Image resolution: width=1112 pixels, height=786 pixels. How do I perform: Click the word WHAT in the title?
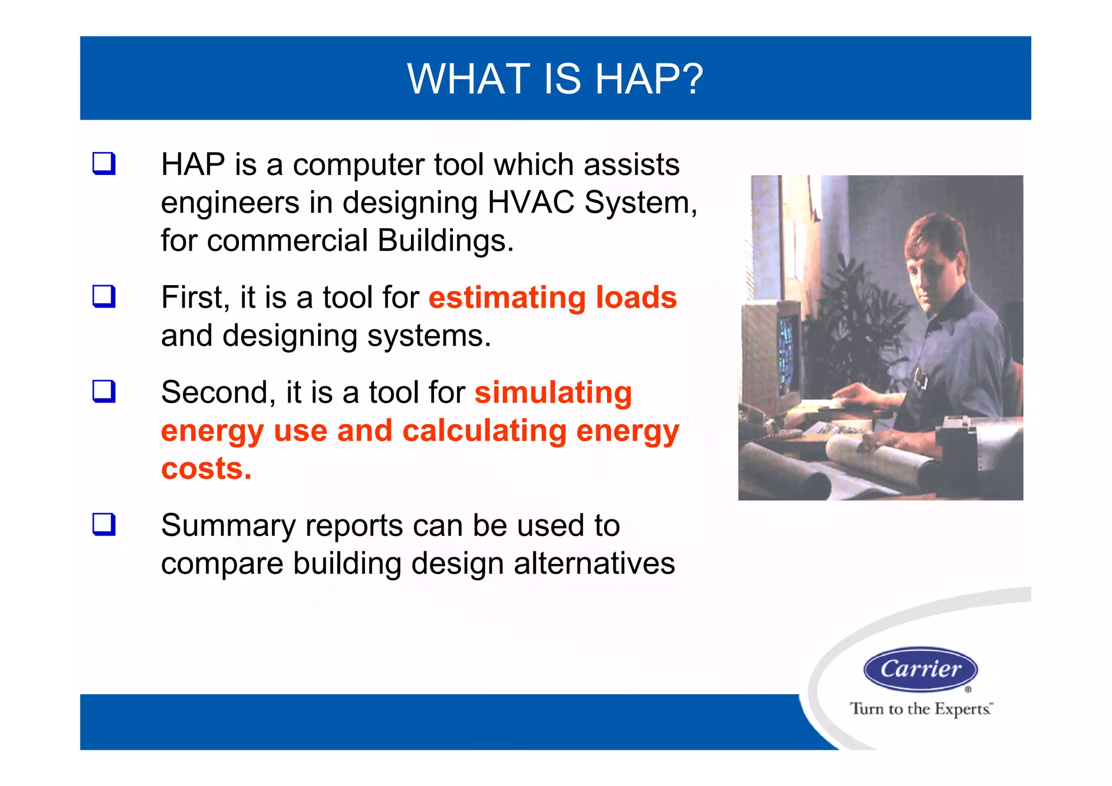[468, 79]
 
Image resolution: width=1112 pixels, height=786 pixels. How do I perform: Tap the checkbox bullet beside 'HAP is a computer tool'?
[104, 164]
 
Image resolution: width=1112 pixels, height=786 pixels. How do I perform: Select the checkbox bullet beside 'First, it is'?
[104, 297]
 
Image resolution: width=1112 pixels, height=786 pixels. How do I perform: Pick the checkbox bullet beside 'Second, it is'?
[104, 391]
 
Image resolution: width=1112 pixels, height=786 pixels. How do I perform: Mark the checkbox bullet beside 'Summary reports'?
[104, 524]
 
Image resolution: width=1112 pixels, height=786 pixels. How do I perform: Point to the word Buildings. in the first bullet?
[445, 241]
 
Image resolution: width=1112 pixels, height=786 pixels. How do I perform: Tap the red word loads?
[636, 298]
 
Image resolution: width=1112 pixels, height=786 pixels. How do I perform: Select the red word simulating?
[553, 392]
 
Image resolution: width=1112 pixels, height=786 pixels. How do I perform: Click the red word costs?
[206, 468]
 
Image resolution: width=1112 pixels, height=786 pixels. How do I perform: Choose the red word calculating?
[484, 431]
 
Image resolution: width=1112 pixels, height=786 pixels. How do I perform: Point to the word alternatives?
[594, 563]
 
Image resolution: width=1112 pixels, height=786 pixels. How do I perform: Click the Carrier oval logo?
[920, 669]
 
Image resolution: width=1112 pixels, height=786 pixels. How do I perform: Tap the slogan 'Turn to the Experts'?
[920, 709]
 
